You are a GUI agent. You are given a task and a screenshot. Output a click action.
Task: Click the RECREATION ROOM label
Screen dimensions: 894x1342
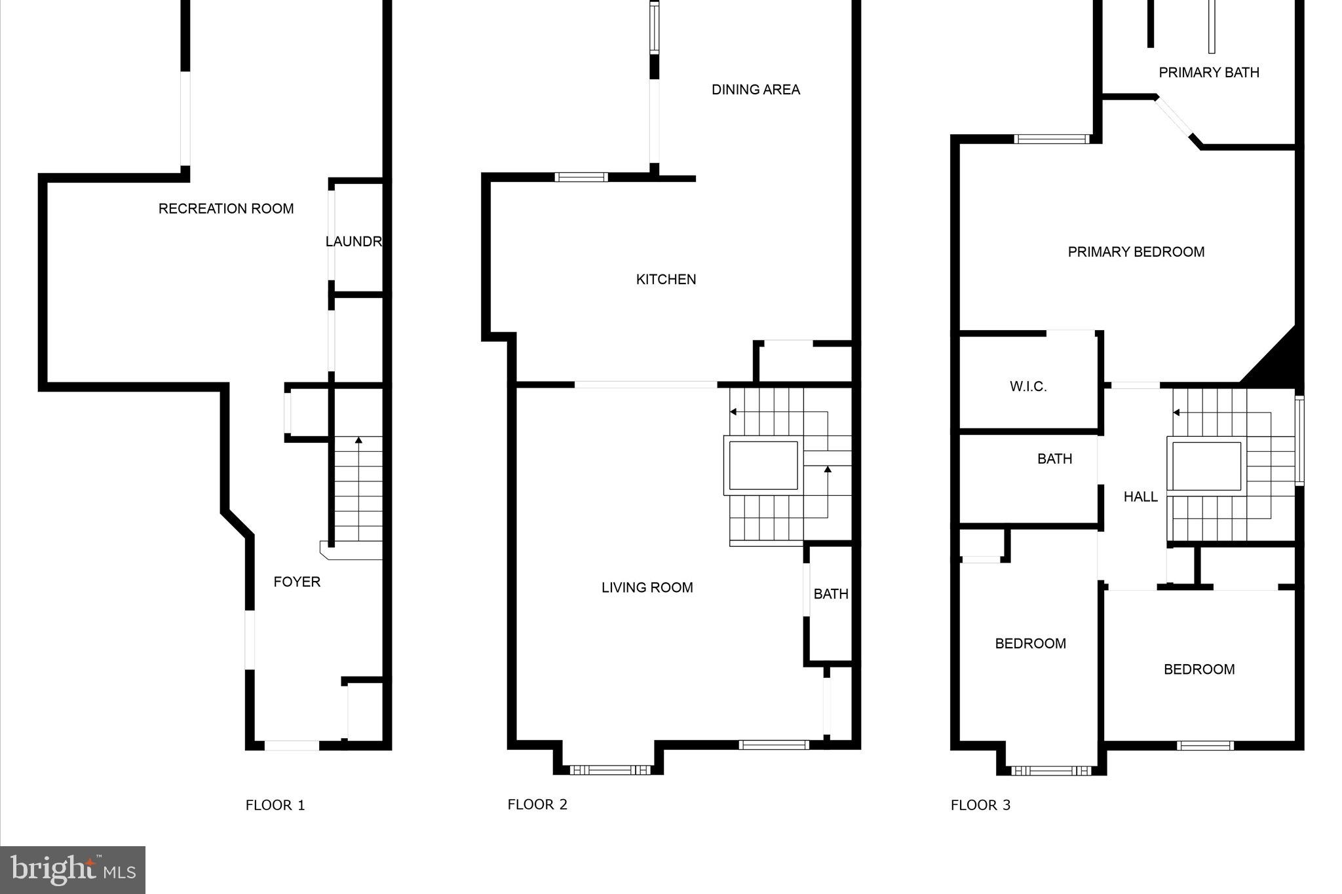coord(226,209)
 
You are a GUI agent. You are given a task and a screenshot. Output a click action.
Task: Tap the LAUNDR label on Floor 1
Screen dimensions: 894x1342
coord(354,242)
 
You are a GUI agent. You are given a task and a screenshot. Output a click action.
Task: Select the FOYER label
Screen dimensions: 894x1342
coord(297,582)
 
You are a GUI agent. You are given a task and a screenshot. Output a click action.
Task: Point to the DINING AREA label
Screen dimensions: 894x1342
coord(756,90)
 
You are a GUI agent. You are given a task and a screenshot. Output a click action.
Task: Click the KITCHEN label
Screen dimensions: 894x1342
coord(666,280)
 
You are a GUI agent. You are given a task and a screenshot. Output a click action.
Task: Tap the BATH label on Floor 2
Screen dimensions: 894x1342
coord(831,594)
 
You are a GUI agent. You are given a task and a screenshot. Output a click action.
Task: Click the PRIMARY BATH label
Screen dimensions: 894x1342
coord(1209,73)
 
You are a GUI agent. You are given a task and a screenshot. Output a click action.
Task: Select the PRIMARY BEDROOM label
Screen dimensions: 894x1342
coord(1136,252)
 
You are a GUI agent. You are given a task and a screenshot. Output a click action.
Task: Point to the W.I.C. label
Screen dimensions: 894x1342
coord(1028,387)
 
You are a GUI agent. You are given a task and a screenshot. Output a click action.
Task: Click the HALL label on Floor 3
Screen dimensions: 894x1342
coord(1140,497)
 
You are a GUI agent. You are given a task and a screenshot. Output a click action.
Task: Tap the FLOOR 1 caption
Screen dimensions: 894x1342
coord(275,806)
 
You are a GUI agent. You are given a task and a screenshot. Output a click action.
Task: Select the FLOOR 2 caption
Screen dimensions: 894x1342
coord(537,805)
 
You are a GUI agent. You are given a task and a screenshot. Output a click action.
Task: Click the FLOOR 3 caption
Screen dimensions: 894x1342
coord(980,806)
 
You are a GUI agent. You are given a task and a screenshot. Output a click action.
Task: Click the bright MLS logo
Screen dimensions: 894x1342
coord(73,870)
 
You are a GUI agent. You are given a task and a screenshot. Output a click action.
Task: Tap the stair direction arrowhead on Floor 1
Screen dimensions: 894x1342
coord(358,440)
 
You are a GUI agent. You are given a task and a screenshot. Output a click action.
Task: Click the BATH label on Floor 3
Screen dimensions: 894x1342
coord(1054,459)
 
